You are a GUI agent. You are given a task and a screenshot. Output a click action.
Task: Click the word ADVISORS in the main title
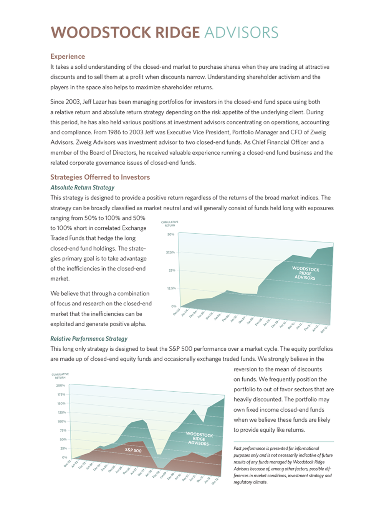point(241,33)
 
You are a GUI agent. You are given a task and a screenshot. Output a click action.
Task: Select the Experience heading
point(68,56)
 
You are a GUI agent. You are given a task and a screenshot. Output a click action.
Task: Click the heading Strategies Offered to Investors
point(100,177)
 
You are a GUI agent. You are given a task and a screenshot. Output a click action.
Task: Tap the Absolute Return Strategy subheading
point(82,188)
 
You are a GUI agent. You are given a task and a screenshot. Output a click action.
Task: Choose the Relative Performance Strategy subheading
point(89,339)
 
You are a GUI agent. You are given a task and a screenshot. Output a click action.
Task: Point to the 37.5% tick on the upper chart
point(170,252)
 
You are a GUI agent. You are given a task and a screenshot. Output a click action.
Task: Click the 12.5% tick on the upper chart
point(171,288)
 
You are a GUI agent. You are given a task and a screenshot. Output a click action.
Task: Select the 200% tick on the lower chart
point(61,386)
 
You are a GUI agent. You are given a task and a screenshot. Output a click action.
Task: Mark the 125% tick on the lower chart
point(61,412)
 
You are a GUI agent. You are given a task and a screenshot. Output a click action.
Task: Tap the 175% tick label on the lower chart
point(61,394)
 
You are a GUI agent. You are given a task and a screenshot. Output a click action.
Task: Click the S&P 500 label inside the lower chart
point(133,450)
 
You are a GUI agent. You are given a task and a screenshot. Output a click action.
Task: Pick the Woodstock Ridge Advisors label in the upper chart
point(305,273)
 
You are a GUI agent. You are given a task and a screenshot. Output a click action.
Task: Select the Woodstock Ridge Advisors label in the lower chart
point(199,439)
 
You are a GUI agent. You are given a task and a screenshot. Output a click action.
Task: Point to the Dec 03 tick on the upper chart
point(177,312)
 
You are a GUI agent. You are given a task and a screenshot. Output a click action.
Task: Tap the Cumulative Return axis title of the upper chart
point(169,224)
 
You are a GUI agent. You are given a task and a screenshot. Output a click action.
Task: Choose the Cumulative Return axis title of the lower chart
point(60,376)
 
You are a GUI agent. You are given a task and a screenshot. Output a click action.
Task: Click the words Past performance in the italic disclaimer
point(249,448)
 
